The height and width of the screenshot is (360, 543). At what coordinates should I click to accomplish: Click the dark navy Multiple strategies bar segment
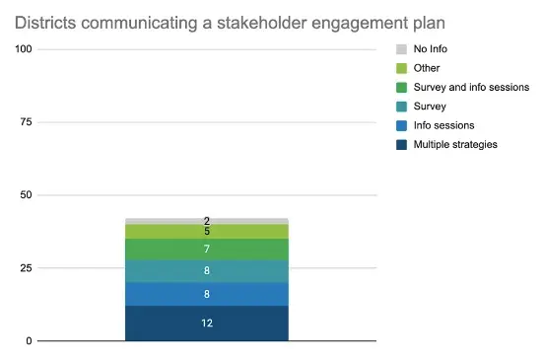[x=207, y=324]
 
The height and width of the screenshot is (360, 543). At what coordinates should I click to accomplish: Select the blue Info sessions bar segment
[x=207, y=294]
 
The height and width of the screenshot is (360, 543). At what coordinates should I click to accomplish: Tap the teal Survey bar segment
[x=207, y=271]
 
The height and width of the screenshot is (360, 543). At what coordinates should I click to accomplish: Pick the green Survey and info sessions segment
[x=207, y=250]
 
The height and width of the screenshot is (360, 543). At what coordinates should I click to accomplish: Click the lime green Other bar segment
[x=207, y=232]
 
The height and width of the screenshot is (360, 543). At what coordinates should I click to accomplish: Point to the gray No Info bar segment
[x=207, y=221]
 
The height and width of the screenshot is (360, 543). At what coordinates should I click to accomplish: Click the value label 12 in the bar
[x=207, y=324]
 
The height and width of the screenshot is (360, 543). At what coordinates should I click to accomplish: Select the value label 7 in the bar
[x=207, y=249]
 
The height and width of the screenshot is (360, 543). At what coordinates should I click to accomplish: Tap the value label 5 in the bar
[x=207, y=232]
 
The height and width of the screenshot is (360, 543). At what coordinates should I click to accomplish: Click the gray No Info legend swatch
[x=401, y=49]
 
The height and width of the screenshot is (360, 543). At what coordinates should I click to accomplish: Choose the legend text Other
[x=427, y=68]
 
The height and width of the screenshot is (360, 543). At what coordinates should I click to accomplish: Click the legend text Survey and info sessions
[x=471, y=88]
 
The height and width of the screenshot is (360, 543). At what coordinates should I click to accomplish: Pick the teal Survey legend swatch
[x=401, y=107]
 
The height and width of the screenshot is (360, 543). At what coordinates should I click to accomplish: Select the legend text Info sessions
[x=443, y=125]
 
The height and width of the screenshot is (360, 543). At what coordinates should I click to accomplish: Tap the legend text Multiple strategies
[x=455, y=144]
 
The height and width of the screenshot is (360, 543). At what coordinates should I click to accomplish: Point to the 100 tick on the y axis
[x=24, y=49]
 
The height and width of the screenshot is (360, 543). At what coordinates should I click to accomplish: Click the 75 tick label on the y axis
[x=26, y=122]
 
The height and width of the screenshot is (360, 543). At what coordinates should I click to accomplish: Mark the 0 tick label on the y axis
[x=29, y=341]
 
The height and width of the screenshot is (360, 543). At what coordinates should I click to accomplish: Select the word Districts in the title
[x=45, y=23]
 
